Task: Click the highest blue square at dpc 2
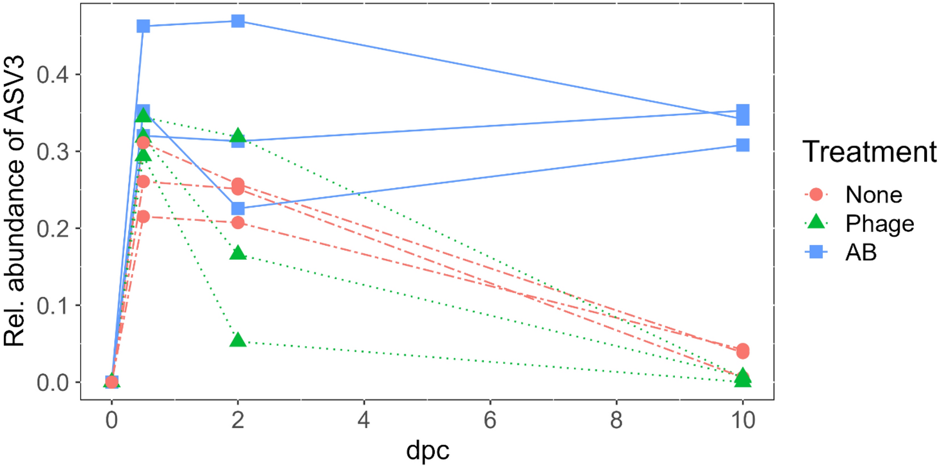[x=238, y=22]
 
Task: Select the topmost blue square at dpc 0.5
[x=143, y=26]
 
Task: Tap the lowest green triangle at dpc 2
[x=238, y=341]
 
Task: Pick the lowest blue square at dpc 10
[x=742, y=145]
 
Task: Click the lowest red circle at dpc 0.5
[x=143, y=217]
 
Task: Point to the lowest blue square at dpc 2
[x=238, y=208]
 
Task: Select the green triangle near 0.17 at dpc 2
[x=238, y=254]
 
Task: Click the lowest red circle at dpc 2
[x=238, y=222]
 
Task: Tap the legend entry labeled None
[x=873, y=194]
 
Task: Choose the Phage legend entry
[x=879, y=223]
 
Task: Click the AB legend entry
[x=861, y=252]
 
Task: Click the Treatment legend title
[x=869, y=152]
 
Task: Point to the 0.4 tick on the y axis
[x=52, y=74]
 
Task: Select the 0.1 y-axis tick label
[x=52, y=305]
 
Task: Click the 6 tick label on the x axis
[x=490, y=420]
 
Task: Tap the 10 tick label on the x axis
[x=742, y=420]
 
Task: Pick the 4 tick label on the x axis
[x=364, y=420]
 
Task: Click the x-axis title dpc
[x=427, y=451]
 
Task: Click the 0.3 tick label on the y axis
[x=52, y=152]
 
